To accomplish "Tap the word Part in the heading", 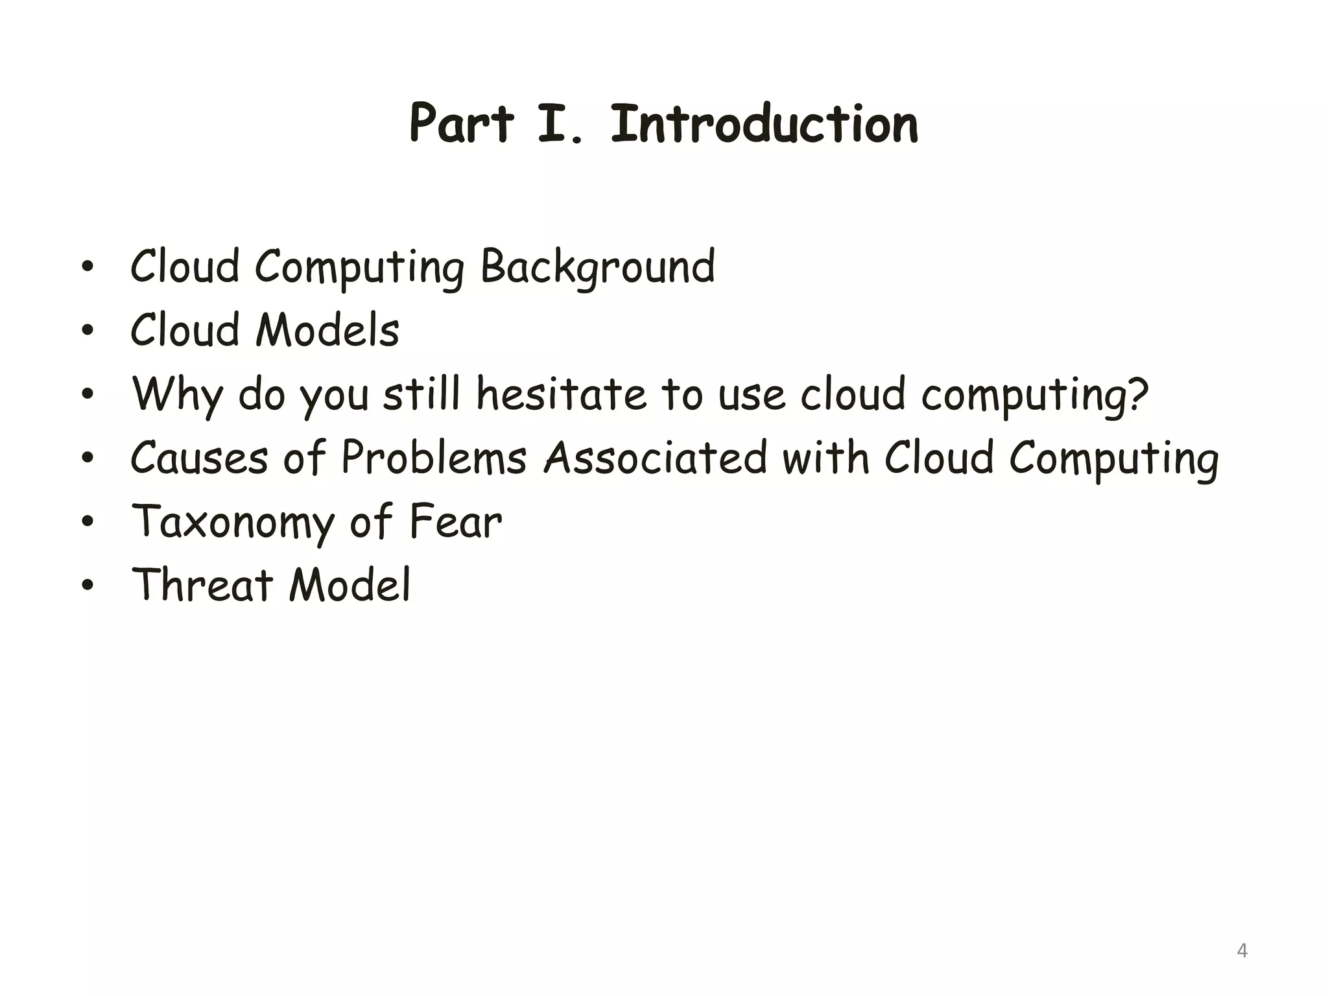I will [462, 124].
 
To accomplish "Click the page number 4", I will [1242, 951].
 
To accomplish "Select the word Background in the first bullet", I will [597, 267].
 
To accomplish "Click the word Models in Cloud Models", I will [327, 331].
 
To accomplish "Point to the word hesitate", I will [561, 394].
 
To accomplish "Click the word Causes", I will [199, 458].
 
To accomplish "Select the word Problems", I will [433, 458].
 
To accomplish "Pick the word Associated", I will [656, 458].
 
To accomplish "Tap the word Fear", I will [456, 521].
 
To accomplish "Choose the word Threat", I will [202, 585].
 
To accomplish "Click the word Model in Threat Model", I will [350, 585].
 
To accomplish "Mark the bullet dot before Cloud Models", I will [88, 331].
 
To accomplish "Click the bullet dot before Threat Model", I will [88, 586].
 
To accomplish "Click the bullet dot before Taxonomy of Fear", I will [88, 522].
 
